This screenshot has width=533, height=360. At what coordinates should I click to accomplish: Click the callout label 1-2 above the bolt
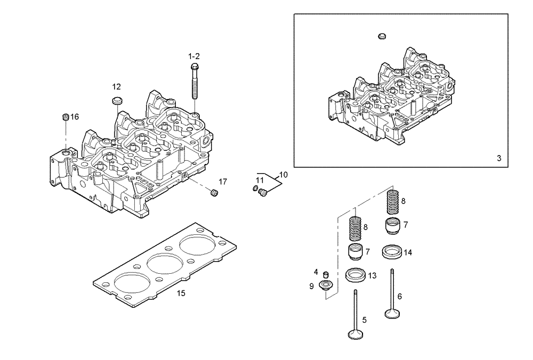[x=193, y=56]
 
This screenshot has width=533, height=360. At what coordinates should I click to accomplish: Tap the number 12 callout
[x=116, y=86]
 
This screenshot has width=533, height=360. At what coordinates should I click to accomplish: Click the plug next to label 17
[x=215, y=192]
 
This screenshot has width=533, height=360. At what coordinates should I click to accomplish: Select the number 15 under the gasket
[x=181, y=293]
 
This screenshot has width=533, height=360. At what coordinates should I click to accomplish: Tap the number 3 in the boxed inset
[x=498, y=158]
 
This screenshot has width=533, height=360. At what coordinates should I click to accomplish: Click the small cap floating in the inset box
[x=381, y=36]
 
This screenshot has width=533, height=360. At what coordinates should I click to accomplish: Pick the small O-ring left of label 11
[x=255, y=189]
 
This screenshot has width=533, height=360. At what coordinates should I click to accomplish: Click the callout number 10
[x=283, y=174]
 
